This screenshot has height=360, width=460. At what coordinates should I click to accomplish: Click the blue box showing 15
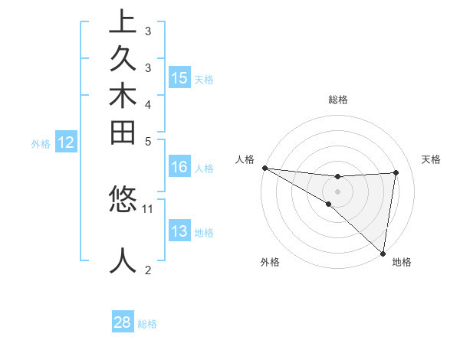(x=179, y=77)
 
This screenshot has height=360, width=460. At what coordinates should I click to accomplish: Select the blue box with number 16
(x=179, y=167)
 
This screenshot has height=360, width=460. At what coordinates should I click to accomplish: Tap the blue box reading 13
(x=179, y=231)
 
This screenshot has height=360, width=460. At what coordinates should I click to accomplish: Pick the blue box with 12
(x=66, y=142)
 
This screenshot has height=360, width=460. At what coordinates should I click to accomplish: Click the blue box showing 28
(x=123, y=322)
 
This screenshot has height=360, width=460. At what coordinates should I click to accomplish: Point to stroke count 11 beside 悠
(x=149, y=208)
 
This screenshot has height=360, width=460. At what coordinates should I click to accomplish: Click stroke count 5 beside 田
(x=149, y=141)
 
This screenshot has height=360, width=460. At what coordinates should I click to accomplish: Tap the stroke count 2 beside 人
(x=149, y=270)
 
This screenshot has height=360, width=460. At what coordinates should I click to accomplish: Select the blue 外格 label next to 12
(x=41, y=143)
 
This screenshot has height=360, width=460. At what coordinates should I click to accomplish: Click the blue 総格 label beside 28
(x=147, y=324)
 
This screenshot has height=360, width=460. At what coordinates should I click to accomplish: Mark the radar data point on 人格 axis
(x=264, y=168)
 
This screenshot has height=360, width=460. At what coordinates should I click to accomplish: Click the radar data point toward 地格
(x=383, y=253)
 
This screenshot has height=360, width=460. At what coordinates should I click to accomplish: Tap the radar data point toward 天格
(x=396, y=172)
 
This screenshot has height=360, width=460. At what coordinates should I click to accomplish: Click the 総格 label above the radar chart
(x=338, y=100)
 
